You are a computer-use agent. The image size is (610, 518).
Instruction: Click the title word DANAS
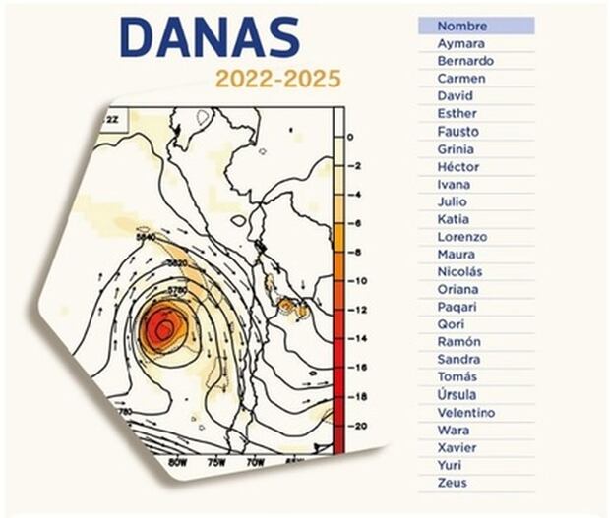pos(210,37)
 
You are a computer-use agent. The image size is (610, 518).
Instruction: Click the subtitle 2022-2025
pos(280,78)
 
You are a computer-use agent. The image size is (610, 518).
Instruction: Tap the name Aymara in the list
pos(460,43)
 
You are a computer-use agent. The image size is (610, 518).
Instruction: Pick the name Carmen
pos(461,79)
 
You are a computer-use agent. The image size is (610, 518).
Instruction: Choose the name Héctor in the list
pos(459,167)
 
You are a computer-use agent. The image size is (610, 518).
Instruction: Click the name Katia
pos(454,219)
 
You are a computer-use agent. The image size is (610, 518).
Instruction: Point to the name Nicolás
pos(460,272)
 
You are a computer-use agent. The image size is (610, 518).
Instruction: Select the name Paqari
pos(457,307)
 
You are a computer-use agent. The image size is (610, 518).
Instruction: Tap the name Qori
pos(452,324)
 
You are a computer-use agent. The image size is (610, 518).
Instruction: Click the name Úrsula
pos(458,395)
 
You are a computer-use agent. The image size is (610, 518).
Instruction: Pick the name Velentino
pos(466,413)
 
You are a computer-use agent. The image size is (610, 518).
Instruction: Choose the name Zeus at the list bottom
pos(453,483)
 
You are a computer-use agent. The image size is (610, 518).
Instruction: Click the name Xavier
pos(457,447)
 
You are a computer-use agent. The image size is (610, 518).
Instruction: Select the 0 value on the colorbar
pos(352,139)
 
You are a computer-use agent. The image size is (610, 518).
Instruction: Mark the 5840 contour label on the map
pos(147,238)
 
